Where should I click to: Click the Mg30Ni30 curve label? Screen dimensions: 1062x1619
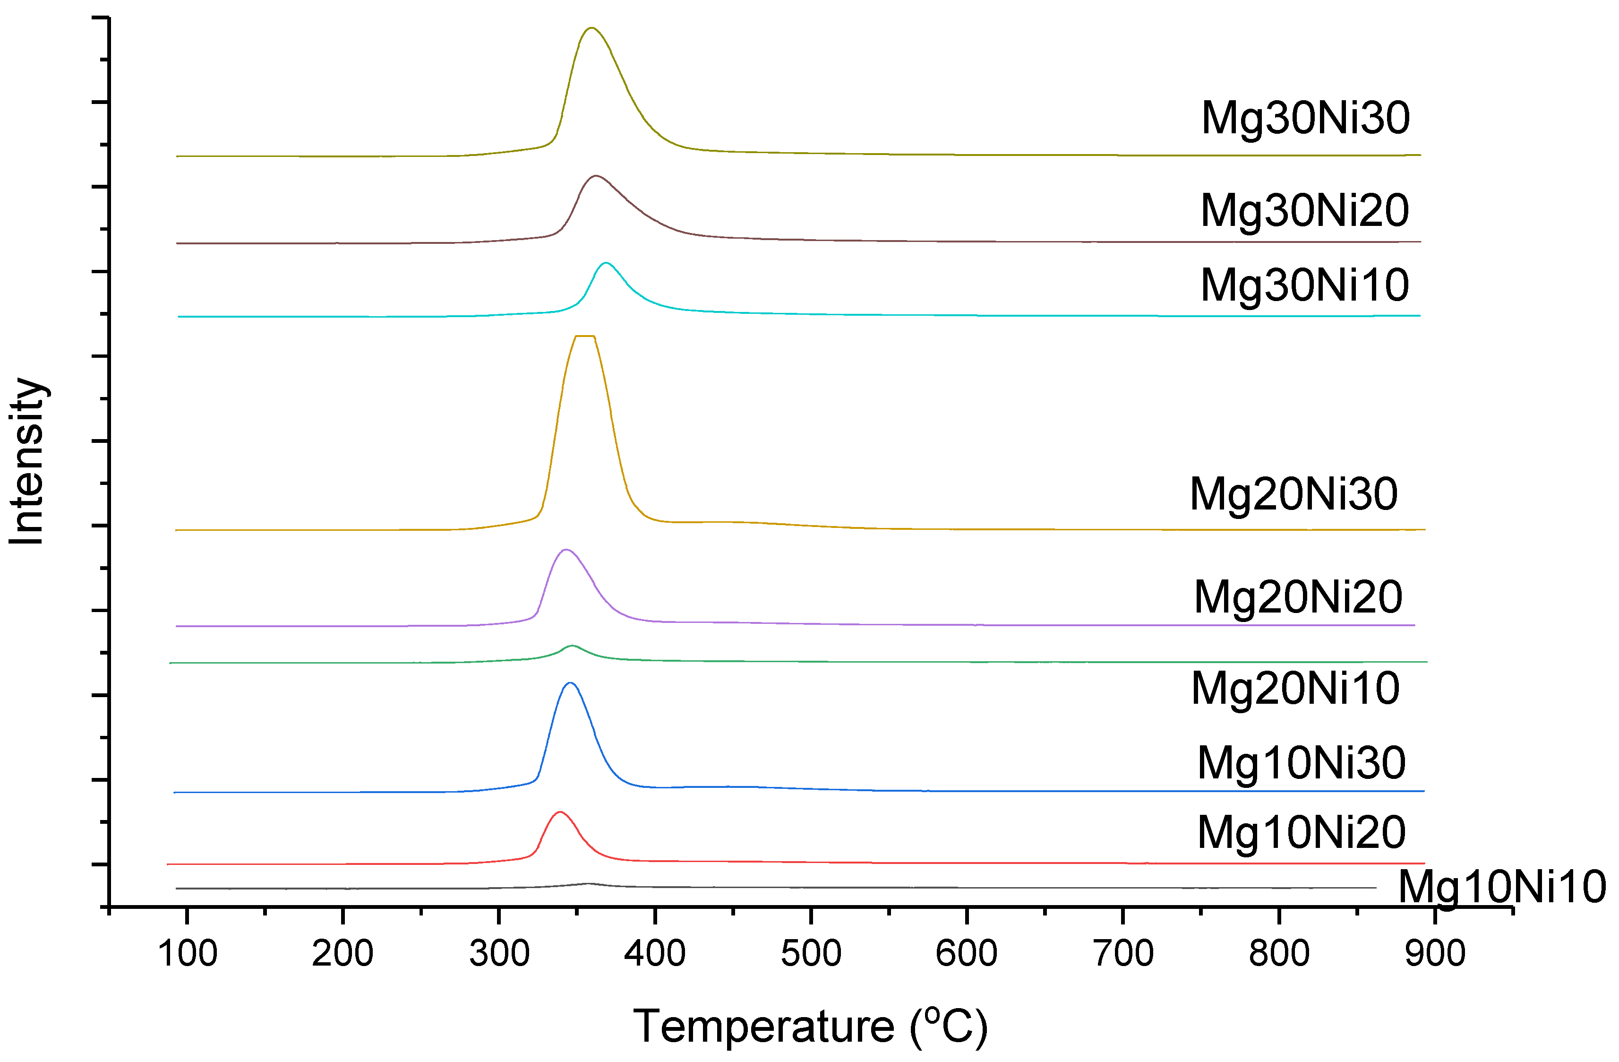1305,118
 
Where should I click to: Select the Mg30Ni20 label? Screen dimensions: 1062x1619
1304,210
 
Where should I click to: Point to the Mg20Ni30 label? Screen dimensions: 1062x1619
1293,494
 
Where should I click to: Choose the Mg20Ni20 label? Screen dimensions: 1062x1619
1297,597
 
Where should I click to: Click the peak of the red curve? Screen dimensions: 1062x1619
560,812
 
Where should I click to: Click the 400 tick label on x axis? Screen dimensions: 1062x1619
654,954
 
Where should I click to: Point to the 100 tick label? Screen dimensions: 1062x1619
187,954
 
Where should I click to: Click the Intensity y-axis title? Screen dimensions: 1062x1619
27,461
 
